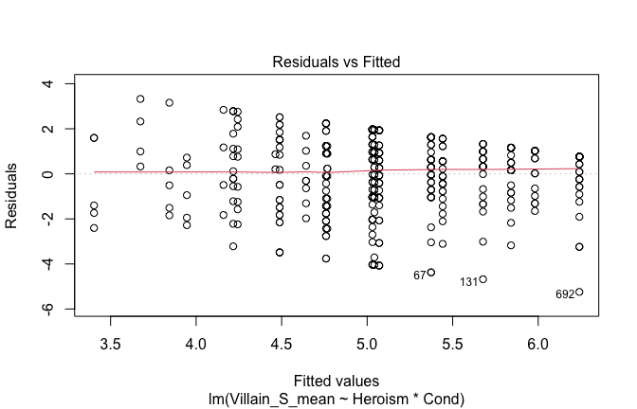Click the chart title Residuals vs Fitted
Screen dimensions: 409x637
337,62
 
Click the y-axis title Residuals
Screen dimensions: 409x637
18,196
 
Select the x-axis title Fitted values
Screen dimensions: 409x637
337,379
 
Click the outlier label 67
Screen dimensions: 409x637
420,276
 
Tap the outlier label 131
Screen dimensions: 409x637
469,282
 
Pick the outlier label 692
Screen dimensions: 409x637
565,294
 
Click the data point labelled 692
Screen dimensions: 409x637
579,292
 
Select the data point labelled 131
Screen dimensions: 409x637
482,279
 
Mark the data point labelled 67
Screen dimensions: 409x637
431,273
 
